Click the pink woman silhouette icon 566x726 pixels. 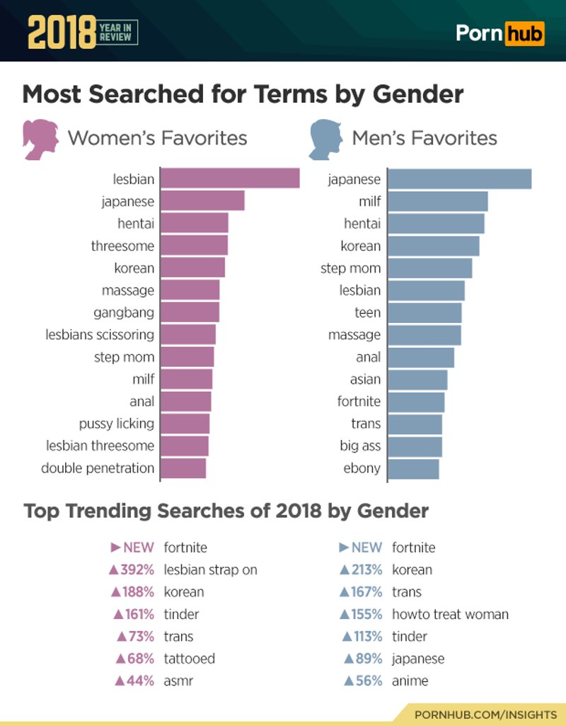40,139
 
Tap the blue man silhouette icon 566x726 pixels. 325,139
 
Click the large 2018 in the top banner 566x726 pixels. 61,31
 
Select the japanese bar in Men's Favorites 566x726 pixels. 459,179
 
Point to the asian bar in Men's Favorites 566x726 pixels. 417,380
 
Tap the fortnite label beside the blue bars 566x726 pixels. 359,402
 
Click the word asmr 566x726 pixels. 178,681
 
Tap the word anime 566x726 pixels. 410,681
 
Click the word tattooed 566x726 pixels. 189,658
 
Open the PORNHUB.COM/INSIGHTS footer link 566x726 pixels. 485,715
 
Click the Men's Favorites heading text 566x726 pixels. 424,137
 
